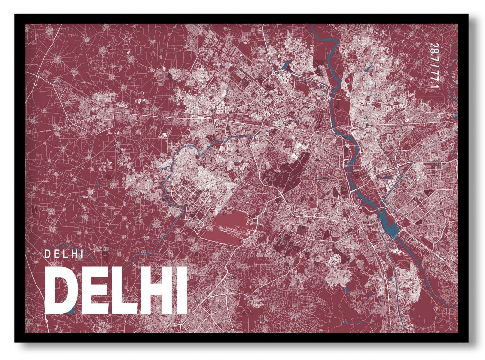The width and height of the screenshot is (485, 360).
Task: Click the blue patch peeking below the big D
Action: click(71, 311)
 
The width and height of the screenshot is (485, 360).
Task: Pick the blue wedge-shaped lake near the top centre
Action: click(286, 64)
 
